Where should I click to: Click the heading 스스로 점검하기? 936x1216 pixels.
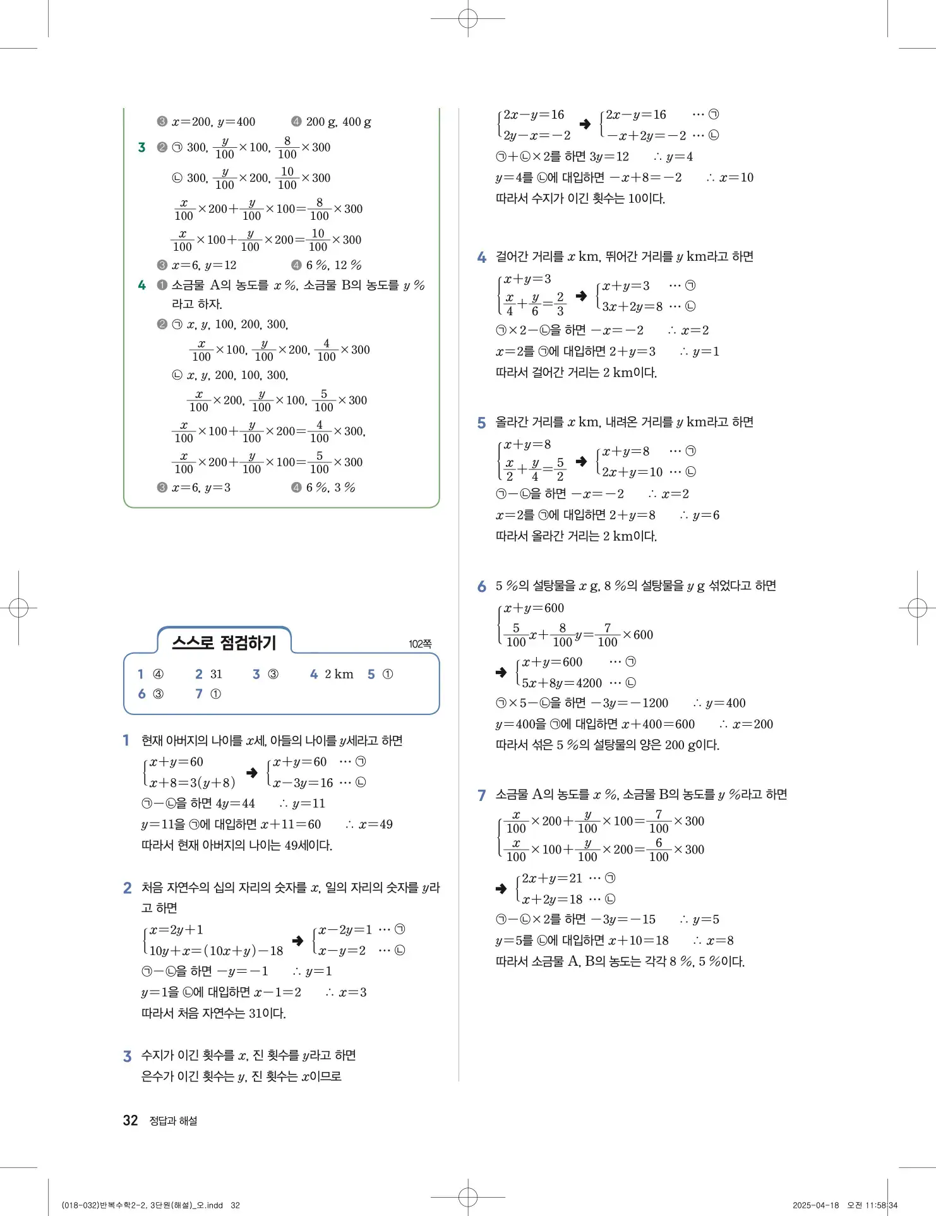(x=224, y=642)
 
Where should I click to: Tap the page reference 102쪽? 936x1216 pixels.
(x=420, y=644)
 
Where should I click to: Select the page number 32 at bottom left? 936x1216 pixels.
(x=130, y=1120)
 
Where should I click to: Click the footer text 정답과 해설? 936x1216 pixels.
(x=173, y=1121)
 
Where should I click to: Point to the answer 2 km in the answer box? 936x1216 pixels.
(x=339, y=674)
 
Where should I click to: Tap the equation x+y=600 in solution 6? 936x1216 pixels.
(x=534, y=608)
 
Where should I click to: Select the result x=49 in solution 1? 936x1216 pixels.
(x=375, y=824)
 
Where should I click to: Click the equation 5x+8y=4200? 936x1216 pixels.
(x=561, y=683)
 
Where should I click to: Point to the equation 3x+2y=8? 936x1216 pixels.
(x=632, y=306)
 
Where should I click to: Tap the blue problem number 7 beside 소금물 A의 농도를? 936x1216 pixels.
(x=481, y=795)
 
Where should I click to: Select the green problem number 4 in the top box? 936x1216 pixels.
(x=142, y=286)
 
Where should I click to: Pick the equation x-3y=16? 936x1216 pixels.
(x=303, y=783)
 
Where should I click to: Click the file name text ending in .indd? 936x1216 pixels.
(x=142, y=1205)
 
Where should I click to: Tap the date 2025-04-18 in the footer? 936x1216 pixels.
(x=815, y=1205)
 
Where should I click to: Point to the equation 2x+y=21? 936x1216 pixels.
(x=552, y=878)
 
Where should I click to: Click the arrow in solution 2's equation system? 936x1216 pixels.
(x=297, y=940)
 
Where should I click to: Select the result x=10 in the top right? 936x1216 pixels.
(x=736, y=178)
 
